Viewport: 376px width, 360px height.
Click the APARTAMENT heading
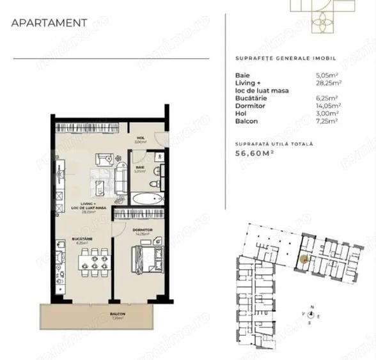pyautogui.click(x=49, y=24)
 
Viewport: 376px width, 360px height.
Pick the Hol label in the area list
pyautogui.click(x=240, y=112)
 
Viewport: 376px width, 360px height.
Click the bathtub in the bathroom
pyautogui.click(x=148, y=199)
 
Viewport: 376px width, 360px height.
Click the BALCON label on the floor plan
pyautogui.click(x=117, y=314)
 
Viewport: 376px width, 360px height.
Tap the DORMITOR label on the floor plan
pyautogui.click(x=141, y=229)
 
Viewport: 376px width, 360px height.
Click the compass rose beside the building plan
pyautogui.click(x=311, y=314)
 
